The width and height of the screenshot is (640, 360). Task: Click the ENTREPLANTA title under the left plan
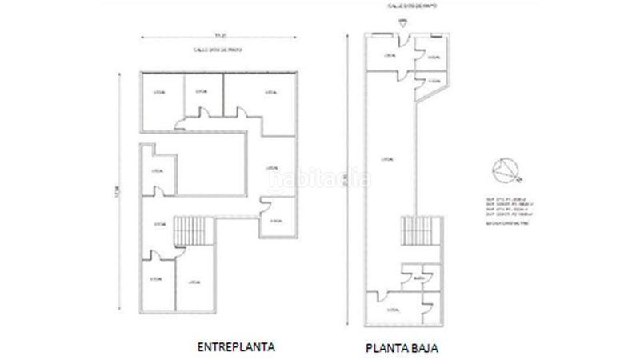(x=237, y=347)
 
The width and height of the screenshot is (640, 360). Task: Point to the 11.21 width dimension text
(x=218, y=35)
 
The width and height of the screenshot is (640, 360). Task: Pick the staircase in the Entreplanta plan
(x=193, y=231)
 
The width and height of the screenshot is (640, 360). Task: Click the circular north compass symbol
(x=506, y=169)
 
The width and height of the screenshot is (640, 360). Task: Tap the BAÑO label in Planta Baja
(x=418, y=279)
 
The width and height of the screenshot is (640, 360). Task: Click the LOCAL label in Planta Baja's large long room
(x=388, y=157)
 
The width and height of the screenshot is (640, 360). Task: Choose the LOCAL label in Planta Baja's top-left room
(x=389, y=56)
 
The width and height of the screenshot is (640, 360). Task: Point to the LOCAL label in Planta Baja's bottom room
(x=391, y=307)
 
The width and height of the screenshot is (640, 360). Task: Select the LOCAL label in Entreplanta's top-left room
(x=158, y=93)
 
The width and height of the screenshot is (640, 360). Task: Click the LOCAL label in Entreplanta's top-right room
(x=271, y=93)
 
